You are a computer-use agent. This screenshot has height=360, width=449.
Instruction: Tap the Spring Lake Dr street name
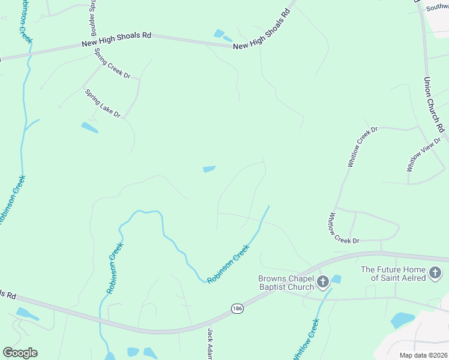click(x=103, y=103)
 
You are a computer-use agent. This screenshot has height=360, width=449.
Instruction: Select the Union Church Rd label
click(x=435, y=104)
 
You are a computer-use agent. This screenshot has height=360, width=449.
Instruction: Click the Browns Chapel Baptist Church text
click(x=286, y=283)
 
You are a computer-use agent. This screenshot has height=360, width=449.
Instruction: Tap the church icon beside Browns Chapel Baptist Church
click(x=322, y=281)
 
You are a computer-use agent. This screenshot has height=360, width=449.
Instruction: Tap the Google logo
click(x=20, y=353)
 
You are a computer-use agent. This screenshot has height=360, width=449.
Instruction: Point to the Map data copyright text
click(x=424, y=355)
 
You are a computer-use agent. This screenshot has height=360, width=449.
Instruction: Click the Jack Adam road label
click(x=211, y=344)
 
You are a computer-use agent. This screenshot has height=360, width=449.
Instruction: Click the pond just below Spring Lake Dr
click(x=89, y=127)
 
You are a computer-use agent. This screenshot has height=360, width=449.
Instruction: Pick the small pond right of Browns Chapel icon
click(x=336, y=279)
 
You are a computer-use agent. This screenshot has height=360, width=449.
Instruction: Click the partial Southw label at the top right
click(x=436, y=7)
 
